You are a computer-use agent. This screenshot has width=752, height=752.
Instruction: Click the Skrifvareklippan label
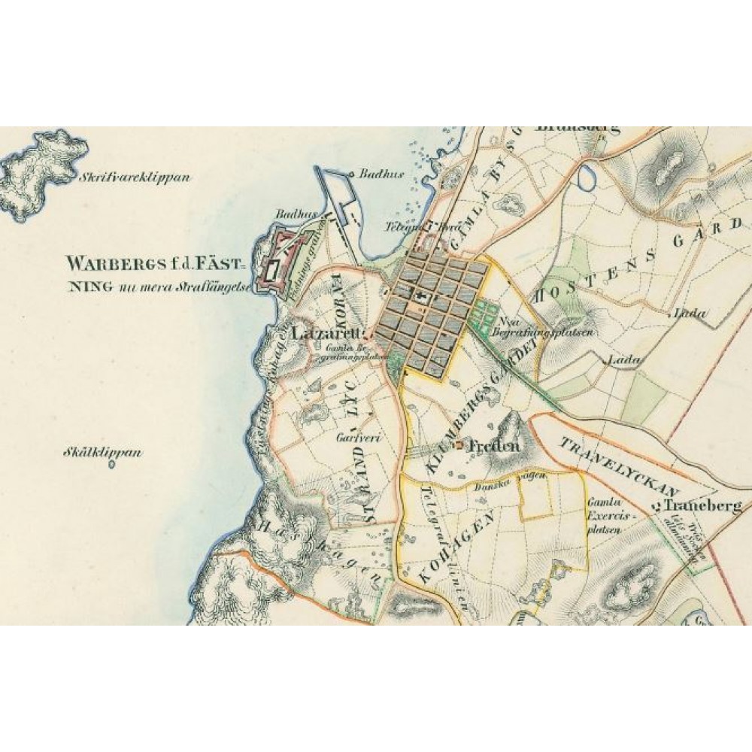tap(135, 179)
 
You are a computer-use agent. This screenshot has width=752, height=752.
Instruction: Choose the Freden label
tap(493, 445)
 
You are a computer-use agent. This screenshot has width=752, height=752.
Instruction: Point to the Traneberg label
tap(703, 506)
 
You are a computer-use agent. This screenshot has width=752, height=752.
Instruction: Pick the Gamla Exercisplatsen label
tap(610, 516)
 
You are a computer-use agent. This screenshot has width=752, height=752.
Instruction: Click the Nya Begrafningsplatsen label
tap(543, 325)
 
